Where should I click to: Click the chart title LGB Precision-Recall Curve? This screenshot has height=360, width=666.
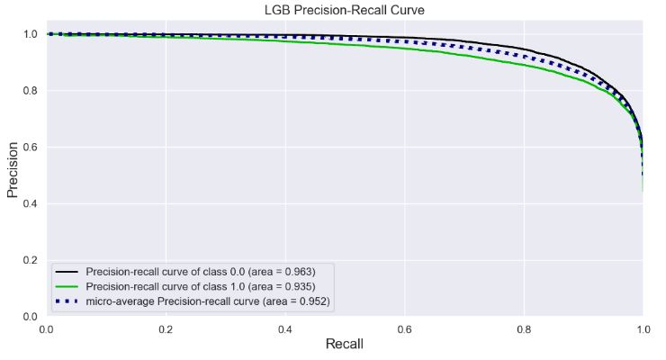click(x=344, y=10)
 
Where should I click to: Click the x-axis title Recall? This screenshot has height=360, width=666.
click(x=344, y=345)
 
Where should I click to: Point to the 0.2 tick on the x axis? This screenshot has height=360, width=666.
click(x=166, y=329)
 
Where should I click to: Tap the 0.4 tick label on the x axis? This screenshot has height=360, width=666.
click(x=284, y=329)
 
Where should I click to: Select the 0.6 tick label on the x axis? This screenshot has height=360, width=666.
click(x=404, y=329)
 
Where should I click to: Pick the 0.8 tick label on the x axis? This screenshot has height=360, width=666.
click(x=523, y=329)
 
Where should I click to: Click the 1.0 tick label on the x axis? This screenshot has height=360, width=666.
click(x=642, y=329)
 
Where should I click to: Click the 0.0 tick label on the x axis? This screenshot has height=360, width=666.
click(x=47, y=329)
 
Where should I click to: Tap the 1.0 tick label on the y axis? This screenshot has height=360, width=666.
click(x=30, y=34)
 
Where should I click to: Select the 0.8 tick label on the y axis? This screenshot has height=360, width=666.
click(x=30, y=91)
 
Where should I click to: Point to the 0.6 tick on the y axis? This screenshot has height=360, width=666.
click(x=30, y=148)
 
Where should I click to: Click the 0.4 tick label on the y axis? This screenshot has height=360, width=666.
click(x=30, y=204)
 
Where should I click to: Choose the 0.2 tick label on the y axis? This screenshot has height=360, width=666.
click(x=30, y=261)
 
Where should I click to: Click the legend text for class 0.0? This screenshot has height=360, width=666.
click(x=200, y=271)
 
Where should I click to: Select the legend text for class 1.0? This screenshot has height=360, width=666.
click(x=200, y=285)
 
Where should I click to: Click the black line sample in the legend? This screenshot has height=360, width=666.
click(x=67, y=271)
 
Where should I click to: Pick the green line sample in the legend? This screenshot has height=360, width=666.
click(x=67, y=285)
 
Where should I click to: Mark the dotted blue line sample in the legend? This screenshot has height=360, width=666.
click(x=67, y=300)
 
